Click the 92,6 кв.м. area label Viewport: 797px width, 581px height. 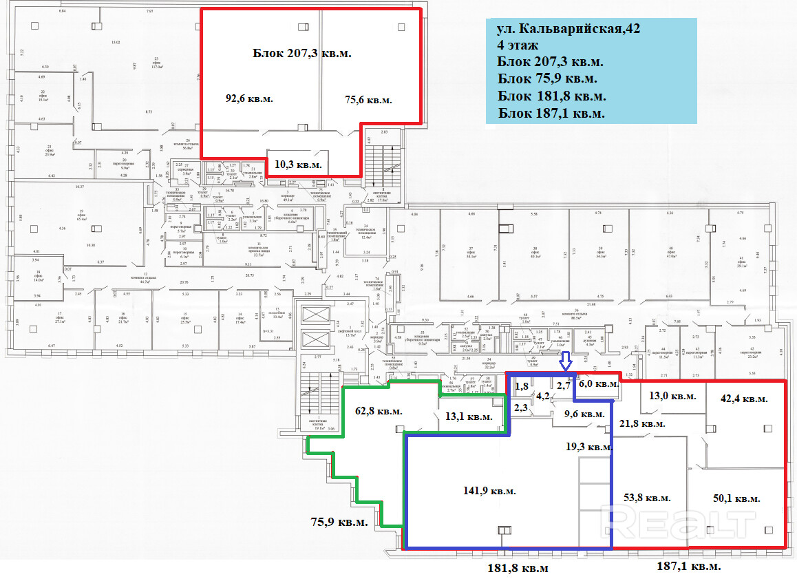point(249,98)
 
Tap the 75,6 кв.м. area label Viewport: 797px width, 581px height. point(368,100)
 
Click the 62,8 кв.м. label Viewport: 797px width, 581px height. point(379,411)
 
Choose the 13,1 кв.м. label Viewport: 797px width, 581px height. point(469,416)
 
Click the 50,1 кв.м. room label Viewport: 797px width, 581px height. point(736,498)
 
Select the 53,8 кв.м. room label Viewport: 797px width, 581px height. point(647,497)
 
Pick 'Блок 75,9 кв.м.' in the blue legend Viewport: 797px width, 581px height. point(546,79)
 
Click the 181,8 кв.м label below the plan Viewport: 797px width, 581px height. point(518,568)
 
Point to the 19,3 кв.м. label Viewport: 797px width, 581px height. point(588,447)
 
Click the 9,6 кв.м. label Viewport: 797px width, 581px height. point(584,414)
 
